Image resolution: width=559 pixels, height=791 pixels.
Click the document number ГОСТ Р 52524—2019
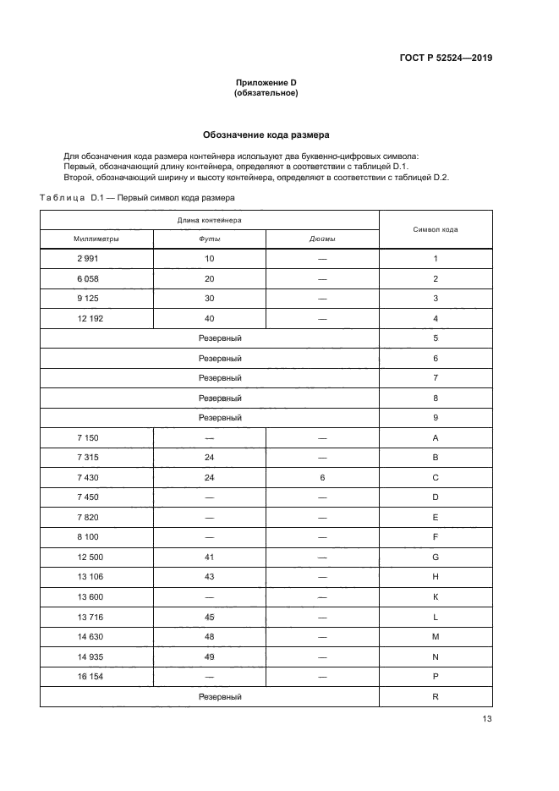pyautogui.click(x=445, y=58)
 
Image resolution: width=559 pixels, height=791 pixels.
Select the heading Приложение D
pyautogui.click(x=266, y=82)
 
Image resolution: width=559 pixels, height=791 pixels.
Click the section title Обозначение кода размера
pyautogui.click(x=266, y=135)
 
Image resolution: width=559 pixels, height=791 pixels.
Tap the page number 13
pyautogui.click(x=486, y=719)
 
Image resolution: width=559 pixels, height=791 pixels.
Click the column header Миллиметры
pyautogui.click(x=96, y=239)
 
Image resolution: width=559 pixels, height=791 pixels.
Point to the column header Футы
pyautogui.click(x=209, y=239)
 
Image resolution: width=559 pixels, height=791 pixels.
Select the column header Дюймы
pyautogui.click(x=322, y=239)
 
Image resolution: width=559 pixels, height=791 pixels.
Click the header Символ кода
pyautogui.click(x=436, y=229)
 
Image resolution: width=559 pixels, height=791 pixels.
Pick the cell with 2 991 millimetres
pyautogui.click(x=88, y=259)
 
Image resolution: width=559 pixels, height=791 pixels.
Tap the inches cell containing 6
pyautogui.click(x=322, y=477)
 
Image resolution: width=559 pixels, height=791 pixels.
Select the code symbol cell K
pyautogui.click(x=436, y=597)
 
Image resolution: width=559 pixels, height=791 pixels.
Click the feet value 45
pyautogui.click(x=209, y=617)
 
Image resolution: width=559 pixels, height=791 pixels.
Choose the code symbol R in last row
pyautogui.click(x=436, y=696)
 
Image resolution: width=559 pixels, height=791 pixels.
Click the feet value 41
pyautogui.click(x=209, y=558)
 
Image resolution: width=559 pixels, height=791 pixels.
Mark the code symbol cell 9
pyautogui.click(x=436, y=418)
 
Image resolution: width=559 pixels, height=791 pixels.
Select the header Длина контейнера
pyautogui.click(x=209, y=219)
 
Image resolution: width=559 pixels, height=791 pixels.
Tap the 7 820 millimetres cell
pyautogui.click(x=88, y=517)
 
